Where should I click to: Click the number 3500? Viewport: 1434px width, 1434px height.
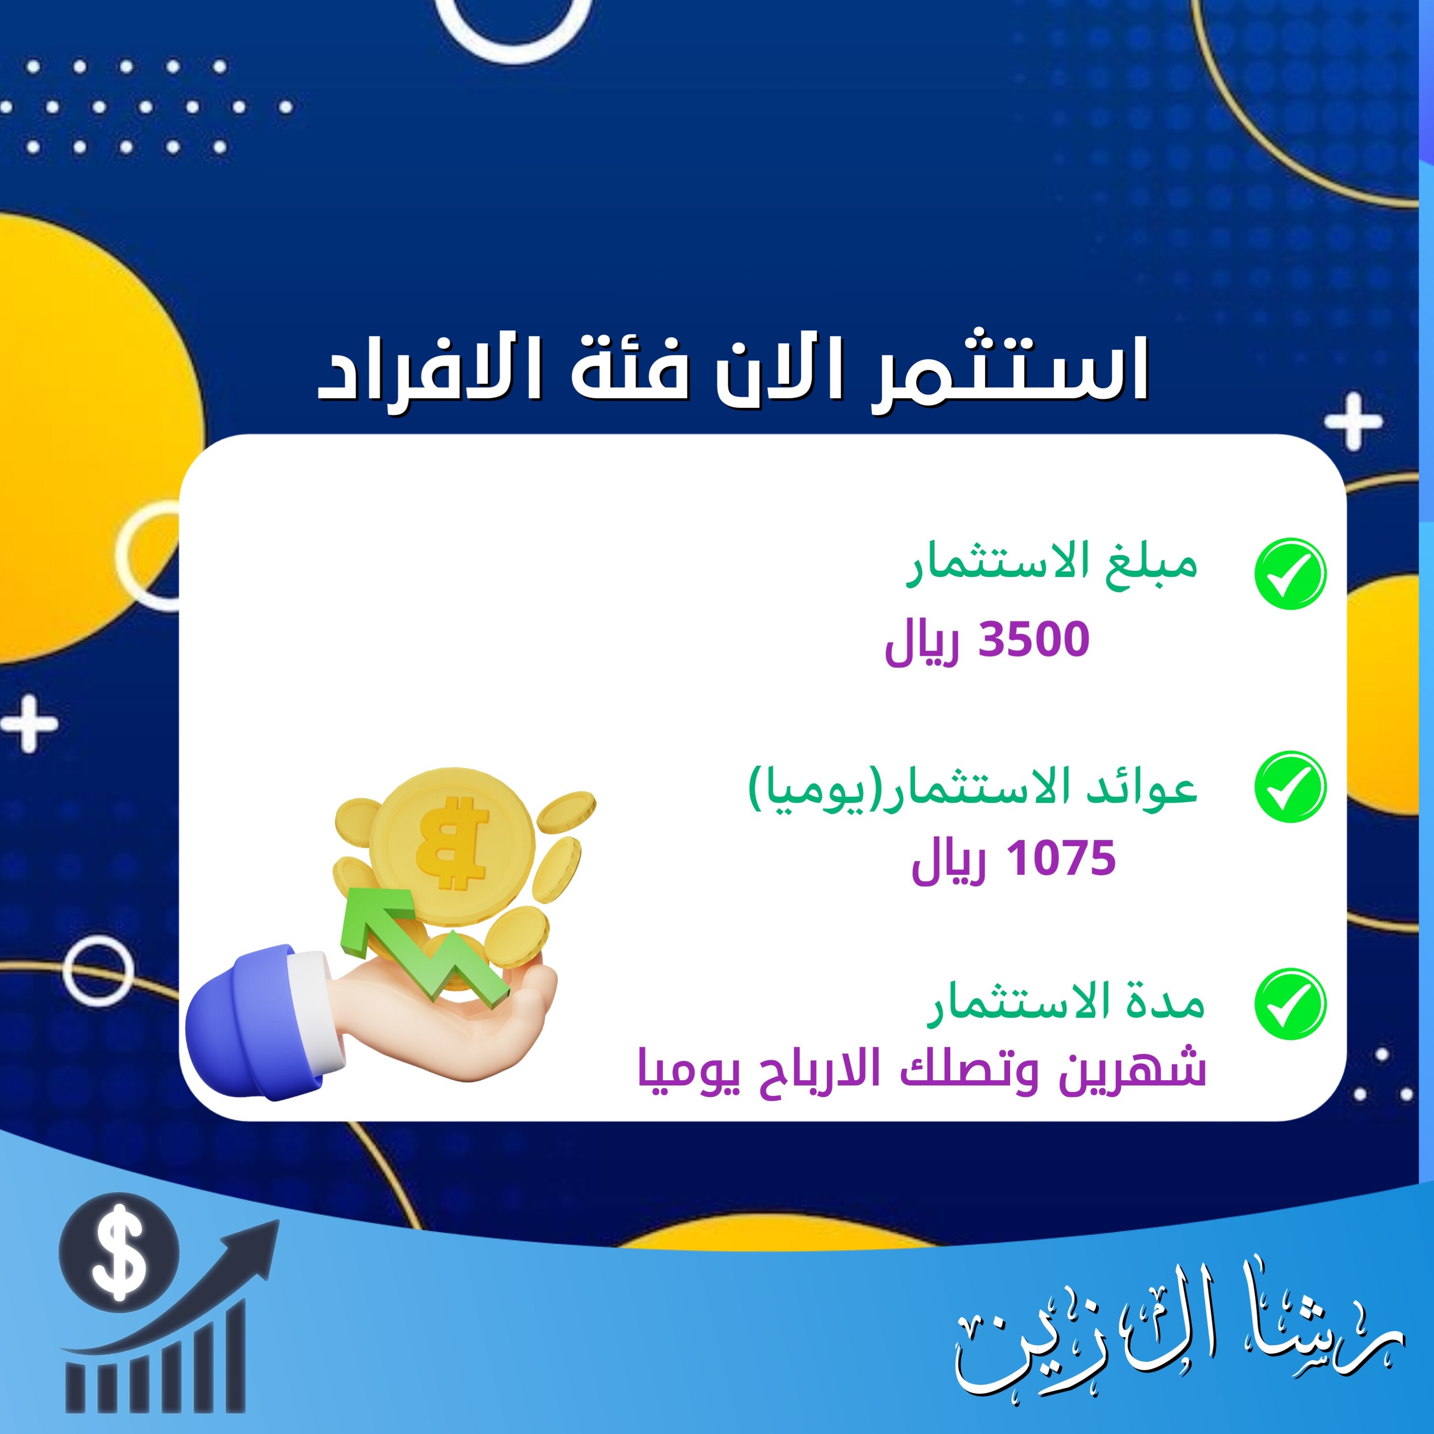click(1033, 640)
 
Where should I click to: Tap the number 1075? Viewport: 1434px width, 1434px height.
click(1061, 859)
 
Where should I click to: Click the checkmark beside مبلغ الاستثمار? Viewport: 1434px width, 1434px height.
click(1290, 574)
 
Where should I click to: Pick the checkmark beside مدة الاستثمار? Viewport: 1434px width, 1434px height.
click(1290, 1003)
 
